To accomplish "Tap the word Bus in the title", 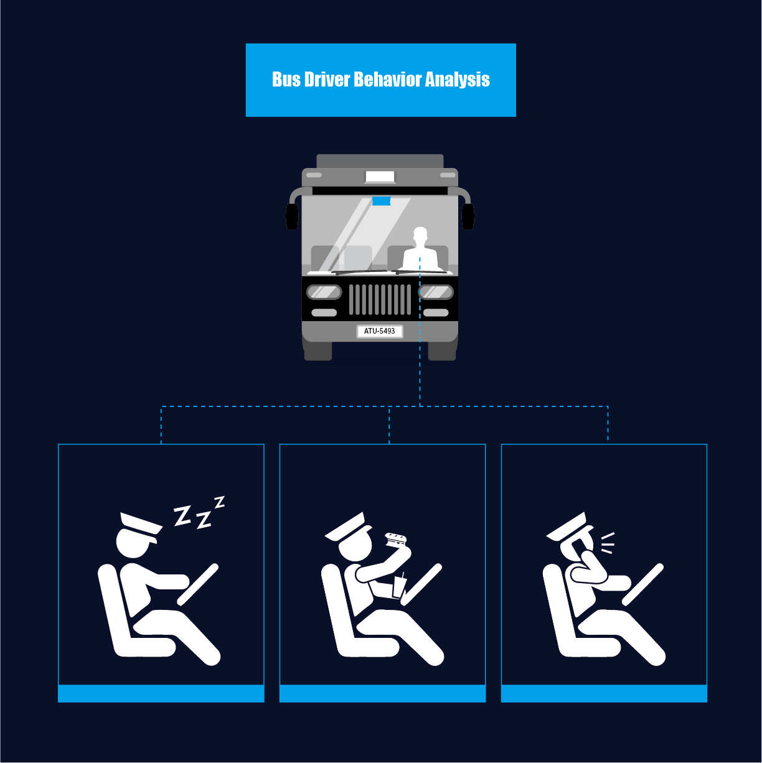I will point(286,80).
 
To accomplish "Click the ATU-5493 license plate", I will point(380,331).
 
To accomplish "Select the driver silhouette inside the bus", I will point(420,249).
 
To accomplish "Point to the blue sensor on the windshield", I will point(381,200).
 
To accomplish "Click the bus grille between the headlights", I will point(380,299).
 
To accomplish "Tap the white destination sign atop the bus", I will point(380,177).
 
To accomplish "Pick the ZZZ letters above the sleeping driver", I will point(198,513).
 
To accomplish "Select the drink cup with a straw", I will point(399,586).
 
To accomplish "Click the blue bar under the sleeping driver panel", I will point(161,693).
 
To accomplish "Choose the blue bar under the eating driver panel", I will point(382,693).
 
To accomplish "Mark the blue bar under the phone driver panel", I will point(604,693).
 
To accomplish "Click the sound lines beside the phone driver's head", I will point(608,542).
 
